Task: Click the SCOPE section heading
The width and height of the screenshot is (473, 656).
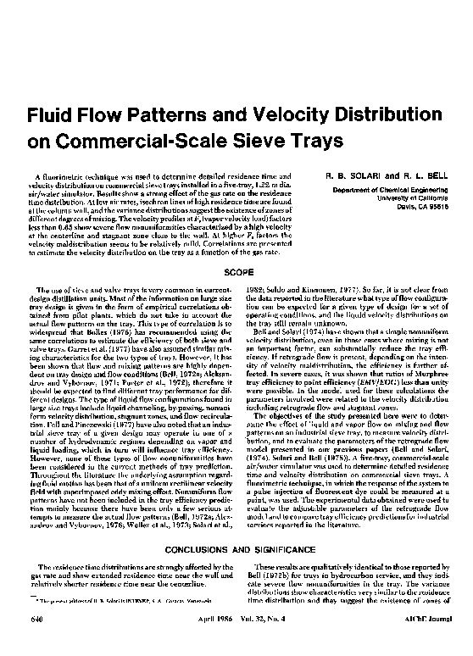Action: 236,273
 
